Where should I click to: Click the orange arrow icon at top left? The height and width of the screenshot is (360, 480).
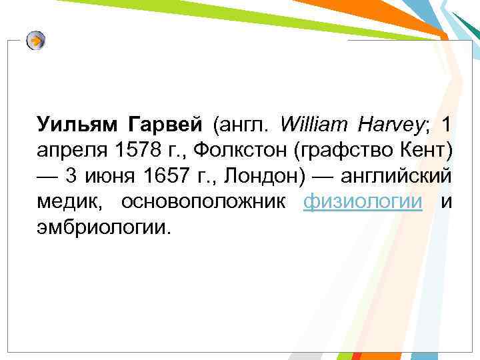[x=37, y=41]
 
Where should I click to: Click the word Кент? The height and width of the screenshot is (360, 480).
[x=427, y=151]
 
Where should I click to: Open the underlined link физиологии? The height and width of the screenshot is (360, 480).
[x=363, y=203]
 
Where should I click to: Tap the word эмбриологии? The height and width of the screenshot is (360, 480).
[x=104, y=229]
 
